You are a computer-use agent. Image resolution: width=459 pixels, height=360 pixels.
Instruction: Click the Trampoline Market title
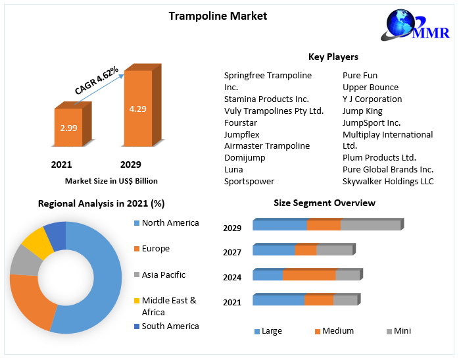point(218,16)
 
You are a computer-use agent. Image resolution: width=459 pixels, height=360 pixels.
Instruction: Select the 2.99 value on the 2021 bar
point(68,128)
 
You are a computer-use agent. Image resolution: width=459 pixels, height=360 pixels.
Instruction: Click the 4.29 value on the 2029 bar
point(137,109)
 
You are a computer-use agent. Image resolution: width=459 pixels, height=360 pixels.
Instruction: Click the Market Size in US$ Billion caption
point(111,180)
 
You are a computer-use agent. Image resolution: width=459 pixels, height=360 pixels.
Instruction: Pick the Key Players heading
point(333,57)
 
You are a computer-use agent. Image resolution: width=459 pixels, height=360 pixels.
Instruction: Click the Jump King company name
point(362,111)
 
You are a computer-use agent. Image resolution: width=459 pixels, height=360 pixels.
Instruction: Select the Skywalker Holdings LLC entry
point(388,181)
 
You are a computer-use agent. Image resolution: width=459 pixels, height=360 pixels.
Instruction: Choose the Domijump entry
point(244,157)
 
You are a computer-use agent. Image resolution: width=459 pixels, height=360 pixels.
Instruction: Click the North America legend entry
point(170,223)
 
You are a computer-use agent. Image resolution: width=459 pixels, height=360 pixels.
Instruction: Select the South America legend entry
point(170,326)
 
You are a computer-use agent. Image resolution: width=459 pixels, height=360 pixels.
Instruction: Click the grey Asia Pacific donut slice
point(24,262)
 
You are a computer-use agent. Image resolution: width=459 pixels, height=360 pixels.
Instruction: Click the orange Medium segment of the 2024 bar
point(308,275)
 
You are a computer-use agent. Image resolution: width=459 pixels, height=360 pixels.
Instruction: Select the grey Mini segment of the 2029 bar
point(370,225)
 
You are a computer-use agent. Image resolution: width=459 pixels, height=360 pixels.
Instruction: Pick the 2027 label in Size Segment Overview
point(232,252)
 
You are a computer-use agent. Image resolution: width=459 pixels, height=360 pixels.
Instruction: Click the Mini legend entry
point(402,331)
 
